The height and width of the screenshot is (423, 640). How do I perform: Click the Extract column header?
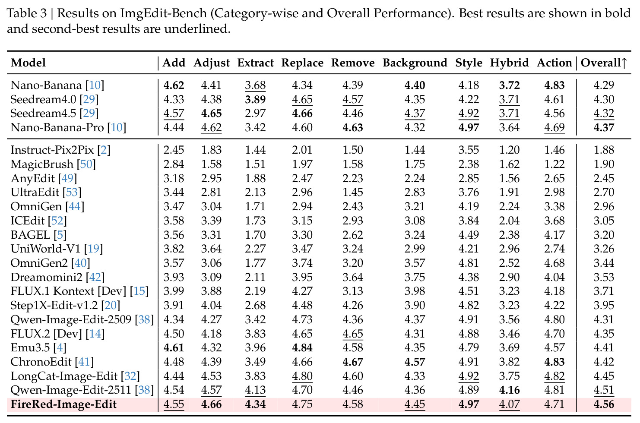255,63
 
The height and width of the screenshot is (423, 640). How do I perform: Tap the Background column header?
415,63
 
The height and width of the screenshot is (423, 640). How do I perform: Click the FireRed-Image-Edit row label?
63,404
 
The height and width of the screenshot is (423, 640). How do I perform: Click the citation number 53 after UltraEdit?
72,192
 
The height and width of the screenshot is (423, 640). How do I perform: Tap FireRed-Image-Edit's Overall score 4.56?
604,404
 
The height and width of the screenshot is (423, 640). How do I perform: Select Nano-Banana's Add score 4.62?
174,85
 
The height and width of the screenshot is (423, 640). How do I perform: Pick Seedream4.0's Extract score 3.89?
255,99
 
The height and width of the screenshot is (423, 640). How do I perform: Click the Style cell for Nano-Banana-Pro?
469,127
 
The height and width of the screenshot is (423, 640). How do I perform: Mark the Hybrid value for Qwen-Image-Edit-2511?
510,390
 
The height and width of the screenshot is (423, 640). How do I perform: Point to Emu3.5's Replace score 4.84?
302,347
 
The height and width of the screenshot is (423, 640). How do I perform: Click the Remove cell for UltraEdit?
353,192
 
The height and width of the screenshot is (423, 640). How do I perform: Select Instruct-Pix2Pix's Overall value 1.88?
604,150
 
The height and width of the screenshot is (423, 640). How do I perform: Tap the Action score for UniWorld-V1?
554,249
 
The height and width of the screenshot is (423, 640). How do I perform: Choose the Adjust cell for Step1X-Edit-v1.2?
212,305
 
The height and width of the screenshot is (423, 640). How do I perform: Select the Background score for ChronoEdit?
415,362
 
